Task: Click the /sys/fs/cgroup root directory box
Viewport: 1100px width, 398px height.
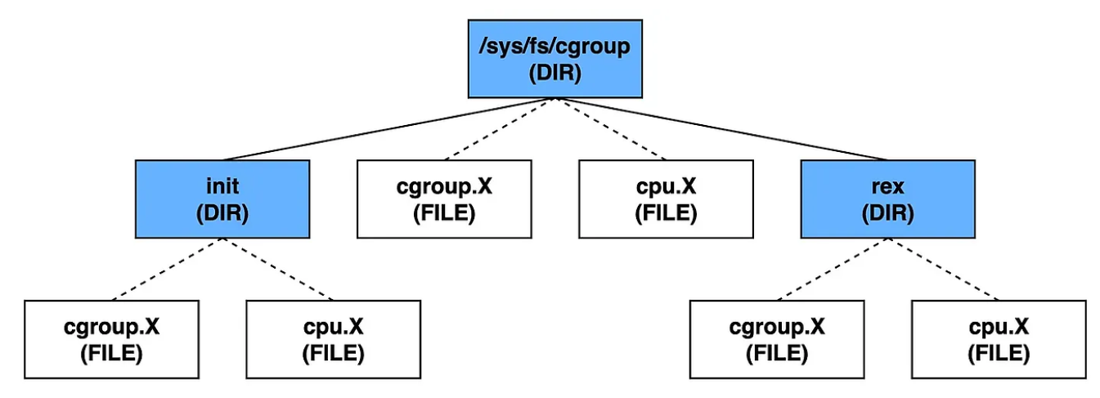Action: tap(555, 59)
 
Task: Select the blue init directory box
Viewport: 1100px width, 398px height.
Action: tap(222, 199)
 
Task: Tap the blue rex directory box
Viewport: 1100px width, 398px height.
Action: tap(888, 199)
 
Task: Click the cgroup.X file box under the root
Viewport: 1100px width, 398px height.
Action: tap(444, 199)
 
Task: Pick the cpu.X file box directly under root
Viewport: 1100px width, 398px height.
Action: tap(666, 199)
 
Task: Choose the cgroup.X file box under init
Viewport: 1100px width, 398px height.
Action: tap(111, 340)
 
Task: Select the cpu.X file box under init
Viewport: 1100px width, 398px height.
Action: tap(334, 340)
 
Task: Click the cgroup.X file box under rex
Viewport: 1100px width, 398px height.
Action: tap(777, 340)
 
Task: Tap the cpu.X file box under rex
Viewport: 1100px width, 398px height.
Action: tap(999, 340)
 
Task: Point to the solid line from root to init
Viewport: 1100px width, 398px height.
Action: tap(389, 129)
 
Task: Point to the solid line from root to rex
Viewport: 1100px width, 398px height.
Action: tap(721, 129)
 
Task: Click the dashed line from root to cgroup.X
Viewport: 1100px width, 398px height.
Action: tap(500, 129)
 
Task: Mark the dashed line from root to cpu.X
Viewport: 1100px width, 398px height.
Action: tap(610, 129)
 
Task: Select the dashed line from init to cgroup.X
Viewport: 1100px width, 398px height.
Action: tap(167, 270)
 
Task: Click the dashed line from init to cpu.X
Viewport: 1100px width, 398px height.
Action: tap(278, 270)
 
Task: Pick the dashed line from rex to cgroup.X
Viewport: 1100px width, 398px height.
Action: tap(833, 270)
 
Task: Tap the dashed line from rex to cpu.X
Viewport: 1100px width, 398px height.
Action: tap(943, 270)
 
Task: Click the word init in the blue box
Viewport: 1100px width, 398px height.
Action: tap(222, 186)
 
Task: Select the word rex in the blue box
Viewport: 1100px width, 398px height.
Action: tap(888, 187)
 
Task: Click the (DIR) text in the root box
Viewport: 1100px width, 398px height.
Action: tap(555, 73)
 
